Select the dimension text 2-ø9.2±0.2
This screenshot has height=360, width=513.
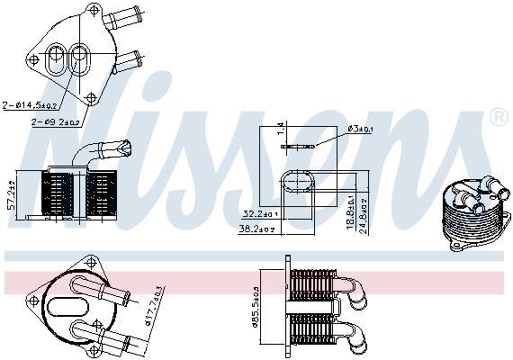[56, 121]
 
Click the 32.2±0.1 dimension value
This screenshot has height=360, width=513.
[259, 213]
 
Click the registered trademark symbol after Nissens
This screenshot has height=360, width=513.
[498, 117]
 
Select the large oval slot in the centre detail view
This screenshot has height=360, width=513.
[297, 183]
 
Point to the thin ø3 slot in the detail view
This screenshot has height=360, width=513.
[297, 145]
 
